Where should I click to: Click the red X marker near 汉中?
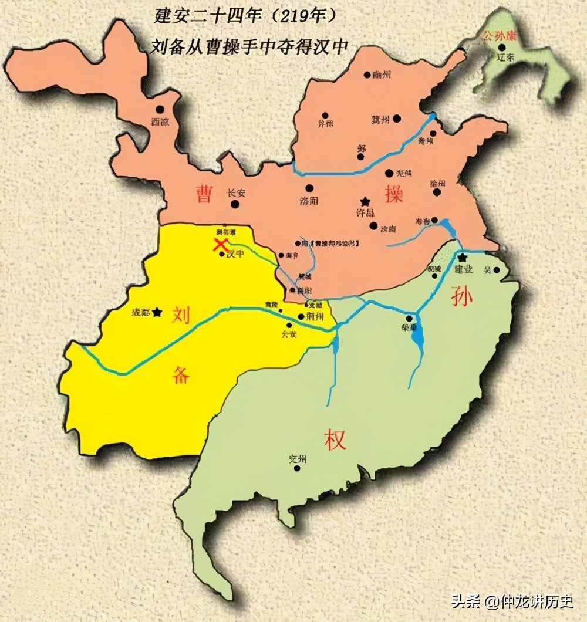[221, 244]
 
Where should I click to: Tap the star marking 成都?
[157, 313]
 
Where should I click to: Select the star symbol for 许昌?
[365, 201]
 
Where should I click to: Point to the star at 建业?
[463, 258]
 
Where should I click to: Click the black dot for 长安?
[235, 204]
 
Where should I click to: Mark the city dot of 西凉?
[159, 110]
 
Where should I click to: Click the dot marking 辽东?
[502, 47]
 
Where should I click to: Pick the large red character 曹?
[204, 194]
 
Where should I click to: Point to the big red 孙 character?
[462, 298]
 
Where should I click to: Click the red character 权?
[335, 439]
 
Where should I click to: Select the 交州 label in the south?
[298, 459]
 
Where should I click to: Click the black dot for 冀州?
[397, 119]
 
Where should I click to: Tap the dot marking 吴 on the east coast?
[497, 271]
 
